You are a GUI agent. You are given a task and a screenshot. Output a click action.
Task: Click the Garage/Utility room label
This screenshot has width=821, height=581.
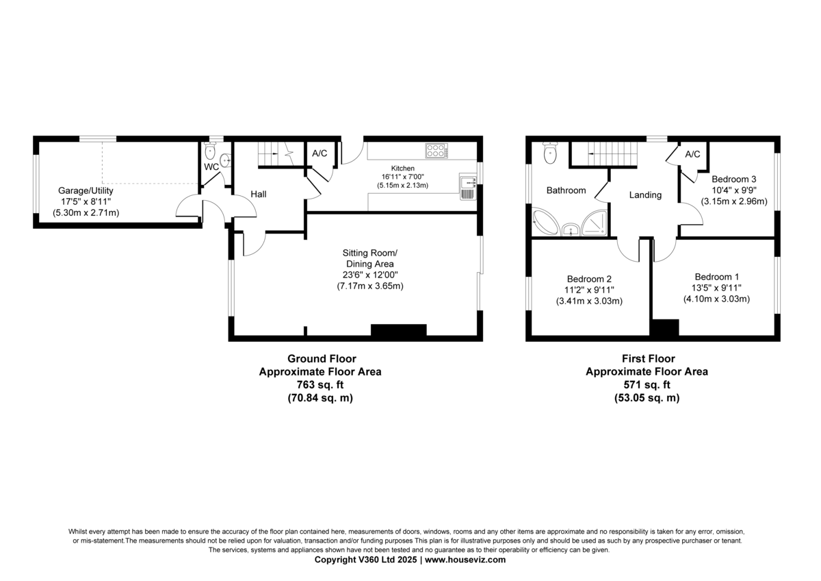point(86,191)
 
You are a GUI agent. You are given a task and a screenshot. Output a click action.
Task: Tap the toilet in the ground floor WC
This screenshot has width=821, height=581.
point(210,151)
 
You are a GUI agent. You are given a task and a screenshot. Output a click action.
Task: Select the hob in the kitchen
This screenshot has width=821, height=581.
point(436,151)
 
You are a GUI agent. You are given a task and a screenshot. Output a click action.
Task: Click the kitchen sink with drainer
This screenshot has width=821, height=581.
point(468,186)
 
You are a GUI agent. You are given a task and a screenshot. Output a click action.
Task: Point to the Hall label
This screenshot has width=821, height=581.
point(259,194)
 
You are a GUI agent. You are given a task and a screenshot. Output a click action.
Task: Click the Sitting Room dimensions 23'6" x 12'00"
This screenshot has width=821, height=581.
point(370,275)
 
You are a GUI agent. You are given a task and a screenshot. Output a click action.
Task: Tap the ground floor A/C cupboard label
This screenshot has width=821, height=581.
point(320,153)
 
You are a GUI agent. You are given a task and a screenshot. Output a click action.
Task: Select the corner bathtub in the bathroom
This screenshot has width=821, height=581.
point(545,222)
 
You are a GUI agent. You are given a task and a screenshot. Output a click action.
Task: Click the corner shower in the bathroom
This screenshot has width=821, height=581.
point(594,223)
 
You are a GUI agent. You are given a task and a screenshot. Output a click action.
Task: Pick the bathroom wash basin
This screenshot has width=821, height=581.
point(571,230)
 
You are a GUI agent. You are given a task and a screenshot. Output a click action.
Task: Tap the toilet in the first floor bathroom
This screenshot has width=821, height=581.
point(550,153)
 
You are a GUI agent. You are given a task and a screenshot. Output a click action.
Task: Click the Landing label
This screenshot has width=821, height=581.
point(645,195)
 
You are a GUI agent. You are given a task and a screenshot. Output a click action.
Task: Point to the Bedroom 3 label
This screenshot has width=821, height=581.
point(733,179)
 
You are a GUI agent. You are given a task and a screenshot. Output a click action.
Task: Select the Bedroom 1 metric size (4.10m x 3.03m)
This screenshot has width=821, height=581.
point(716,299)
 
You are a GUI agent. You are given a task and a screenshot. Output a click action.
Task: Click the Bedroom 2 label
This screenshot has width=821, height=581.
point(589,279)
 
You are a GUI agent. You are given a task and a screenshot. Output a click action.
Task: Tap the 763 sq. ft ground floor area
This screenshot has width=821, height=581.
point(320,384)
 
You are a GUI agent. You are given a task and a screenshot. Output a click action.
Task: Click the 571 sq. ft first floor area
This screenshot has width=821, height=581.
point(647,384)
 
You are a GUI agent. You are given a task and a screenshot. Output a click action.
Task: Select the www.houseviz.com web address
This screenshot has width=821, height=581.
point(465,560)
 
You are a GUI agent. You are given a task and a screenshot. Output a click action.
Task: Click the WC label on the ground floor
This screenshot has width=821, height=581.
point(211,167)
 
